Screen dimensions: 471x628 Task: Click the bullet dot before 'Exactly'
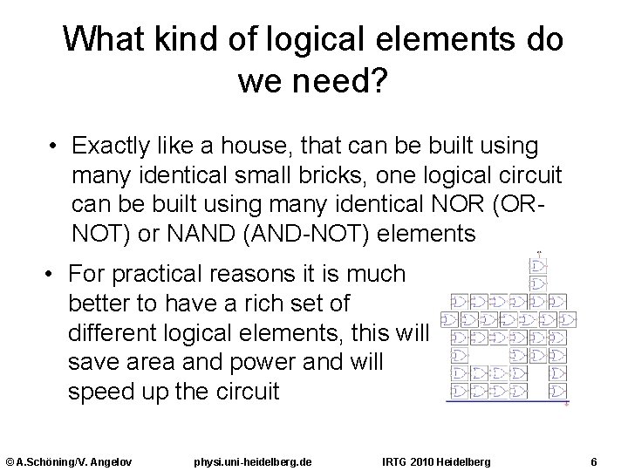pyautogui.click(x=54, y=144)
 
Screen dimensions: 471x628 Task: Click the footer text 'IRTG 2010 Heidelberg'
pyautogui.click(x=437, y=460)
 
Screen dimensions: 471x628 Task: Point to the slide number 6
pyautogui.click(x=593, y=460)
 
